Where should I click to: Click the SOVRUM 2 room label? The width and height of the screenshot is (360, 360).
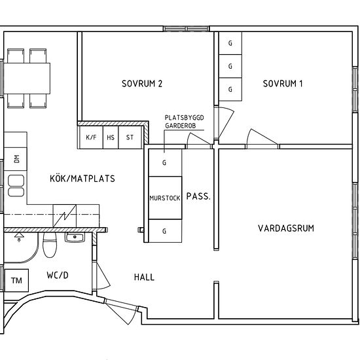(142, 84)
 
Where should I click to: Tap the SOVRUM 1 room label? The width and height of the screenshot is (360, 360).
(283, 84)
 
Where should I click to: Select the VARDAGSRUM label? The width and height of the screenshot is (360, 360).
(286, 228)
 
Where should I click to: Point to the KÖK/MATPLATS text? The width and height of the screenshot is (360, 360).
(82, 179)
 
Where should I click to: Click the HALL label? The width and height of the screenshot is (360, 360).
(144, 277)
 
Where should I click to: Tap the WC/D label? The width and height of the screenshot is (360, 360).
(58, 275)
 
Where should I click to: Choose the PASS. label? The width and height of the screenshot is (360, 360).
(198, 196)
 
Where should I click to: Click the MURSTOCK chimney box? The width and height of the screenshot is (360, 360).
(165, 198)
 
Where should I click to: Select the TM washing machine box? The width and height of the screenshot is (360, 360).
(16, 280)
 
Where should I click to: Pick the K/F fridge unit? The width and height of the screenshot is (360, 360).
(91, 137)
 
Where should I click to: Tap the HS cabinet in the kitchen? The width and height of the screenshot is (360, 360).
(111, 137)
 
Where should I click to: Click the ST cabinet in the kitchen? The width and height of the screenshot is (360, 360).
(130, 137)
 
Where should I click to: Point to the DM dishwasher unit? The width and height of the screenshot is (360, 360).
(16, 159)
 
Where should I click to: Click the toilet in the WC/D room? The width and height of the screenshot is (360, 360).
(50, 245)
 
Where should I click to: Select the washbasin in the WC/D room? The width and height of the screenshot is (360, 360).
(75, 238)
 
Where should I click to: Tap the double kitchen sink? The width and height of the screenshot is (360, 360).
(16, 186)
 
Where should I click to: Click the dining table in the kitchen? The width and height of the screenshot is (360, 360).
(27, 79)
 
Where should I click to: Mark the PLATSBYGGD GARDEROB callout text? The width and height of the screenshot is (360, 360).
(184, 122)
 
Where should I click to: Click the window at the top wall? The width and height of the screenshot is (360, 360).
(187, 29)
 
